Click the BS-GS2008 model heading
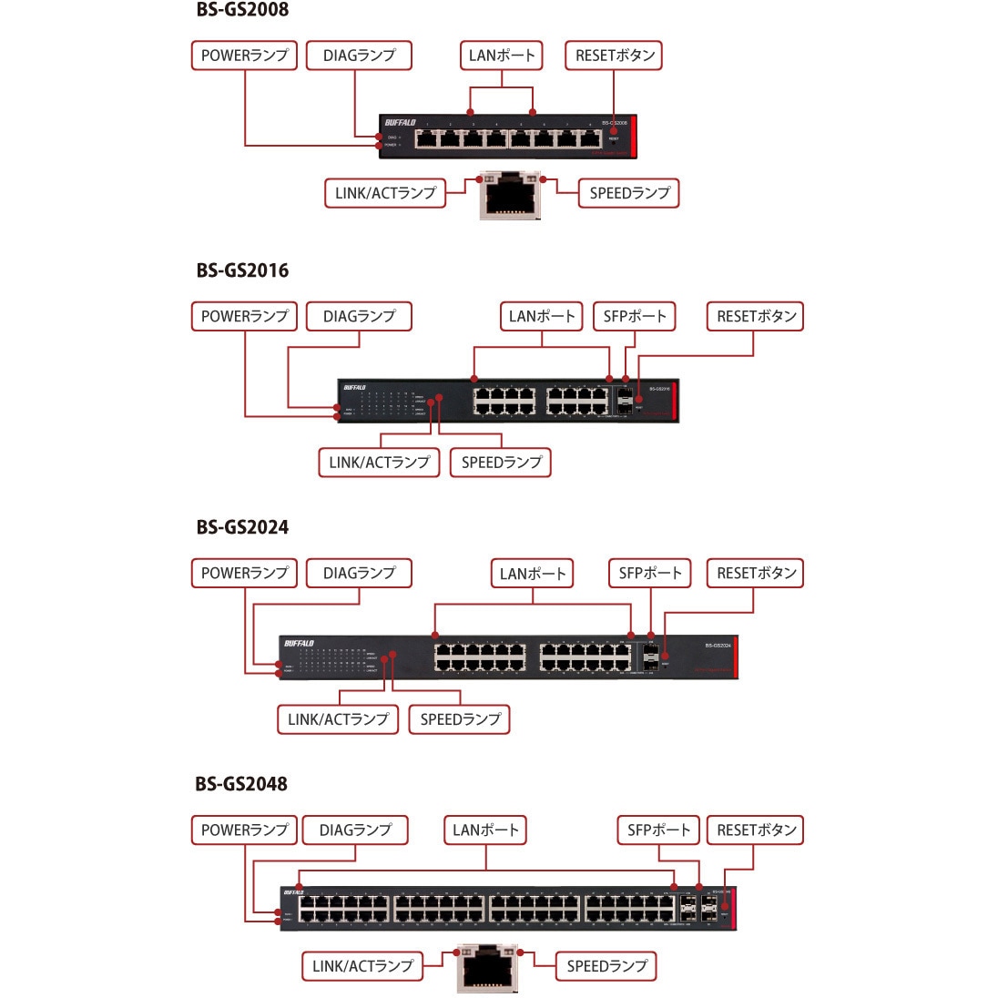tap(242, 11)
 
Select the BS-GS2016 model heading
tap(242, 270)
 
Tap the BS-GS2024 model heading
tap(242, 527)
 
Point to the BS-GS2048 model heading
tap(241, 784)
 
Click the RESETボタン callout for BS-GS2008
tap(615, 56)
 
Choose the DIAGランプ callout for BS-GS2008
tap(359, 56)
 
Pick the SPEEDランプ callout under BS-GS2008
tap(629, 193)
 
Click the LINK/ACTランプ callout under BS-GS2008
tap(385, 193)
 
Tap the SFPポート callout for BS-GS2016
tap(635, 317)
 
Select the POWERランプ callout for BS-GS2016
tap(244, 317)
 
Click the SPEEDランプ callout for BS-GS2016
tap(501, 463)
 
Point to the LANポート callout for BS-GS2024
tap(533, 574)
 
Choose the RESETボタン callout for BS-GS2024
tap(756, 574)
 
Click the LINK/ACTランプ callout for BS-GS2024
tap(338, 719)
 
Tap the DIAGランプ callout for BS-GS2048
tap(354, 830)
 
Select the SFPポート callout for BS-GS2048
tap(658, 830)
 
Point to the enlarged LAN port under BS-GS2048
tap(485, 967)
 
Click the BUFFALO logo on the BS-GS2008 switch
tap(400, 123)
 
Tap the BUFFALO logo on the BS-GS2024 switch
tap(299, 644)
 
